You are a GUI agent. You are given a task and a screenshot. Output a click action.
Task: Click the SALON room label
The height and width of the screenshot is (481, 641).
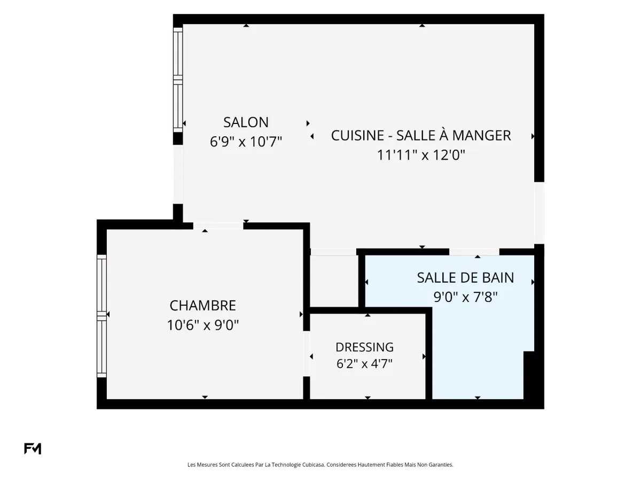coord(246,122)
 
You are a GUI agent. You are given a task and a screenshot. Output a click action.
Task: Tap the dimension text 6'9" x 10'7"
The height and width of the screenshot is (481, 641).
coord(246,142)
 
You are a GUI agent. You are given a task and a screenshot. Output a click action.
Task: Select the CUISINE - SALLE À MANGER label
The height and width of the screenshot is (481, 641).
coord(421,136)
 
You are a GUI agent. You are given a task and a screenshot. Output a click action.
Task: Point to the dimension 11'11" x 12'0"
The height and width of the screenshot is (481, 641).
coord(421,155)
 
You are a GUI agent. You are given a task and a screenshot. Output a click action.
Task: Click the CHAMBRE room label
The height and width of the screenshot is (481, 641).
coord(202,306)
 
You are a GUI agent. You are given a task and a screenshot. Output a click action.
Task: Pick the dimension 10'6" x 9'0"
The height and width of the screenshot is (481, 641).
coord(202,325)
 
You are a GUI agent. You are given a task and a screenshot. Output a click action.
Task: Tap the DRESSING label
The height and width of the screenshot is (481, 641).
coord(364,347)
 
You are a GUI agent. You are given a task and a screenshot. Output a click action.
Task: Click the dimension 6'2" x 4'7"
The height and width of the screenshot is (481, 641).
coord(364,364)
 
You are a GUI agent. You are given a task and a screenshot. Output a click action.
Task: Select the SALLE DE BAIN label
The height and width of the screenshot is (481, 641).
coord(465,278)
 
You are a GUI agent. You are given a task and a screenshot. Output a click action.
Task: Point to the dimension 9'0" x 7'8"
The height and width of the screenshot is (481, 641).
coord(465,297)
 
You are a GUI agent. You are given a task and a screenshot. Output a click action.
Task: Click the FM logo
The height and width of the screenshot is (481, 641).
coord(33,449)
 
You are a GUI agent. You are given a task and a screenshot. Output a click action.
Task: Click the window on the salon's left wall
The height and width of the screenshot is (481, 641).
coord(178,80)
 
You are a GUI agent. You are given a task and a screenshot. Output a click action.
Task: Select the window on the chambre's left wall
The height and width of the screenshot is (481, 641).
coord(101,316)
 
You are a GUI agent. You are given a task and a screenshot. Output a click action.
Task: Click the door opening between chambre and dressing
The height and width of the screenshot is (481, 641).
coord(306,354)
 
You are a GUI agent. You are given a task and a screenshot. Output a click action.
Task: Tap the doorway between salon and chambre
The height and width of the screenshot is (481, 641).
coord(218,226)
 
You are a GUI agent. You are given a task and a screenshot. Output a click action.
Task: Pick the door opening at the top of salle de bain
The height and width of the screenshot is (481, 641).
coord(474,252)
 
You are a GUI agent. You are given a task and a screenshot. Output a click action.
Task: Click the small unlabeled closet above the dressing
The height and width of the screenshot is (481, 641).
coord(334,281)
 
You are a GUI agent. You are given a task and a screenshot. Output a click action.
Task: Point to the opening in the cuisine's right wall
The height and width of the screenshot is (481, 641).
coord(539,213)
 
